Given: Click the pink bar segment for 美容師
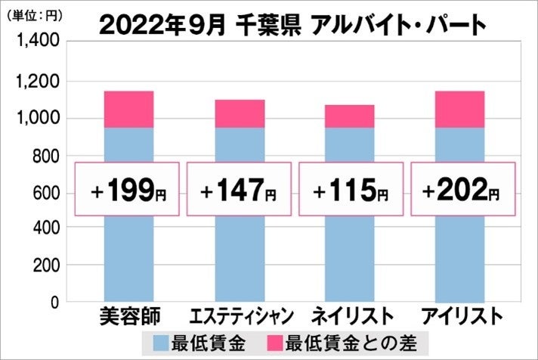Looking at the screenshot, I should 128,109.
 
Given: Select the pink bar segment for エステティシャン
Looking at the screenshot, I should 240,113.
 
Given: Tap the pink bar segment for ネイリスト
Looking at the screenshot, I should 350,116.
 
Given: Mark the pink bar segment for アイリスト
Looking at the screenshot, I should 461,109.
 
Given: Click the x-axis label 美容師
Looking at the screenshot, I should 128,315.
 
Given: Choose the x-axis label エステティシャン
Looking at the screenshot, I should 240,315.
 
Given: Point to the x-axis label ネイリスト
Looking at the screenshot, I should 350,315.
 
